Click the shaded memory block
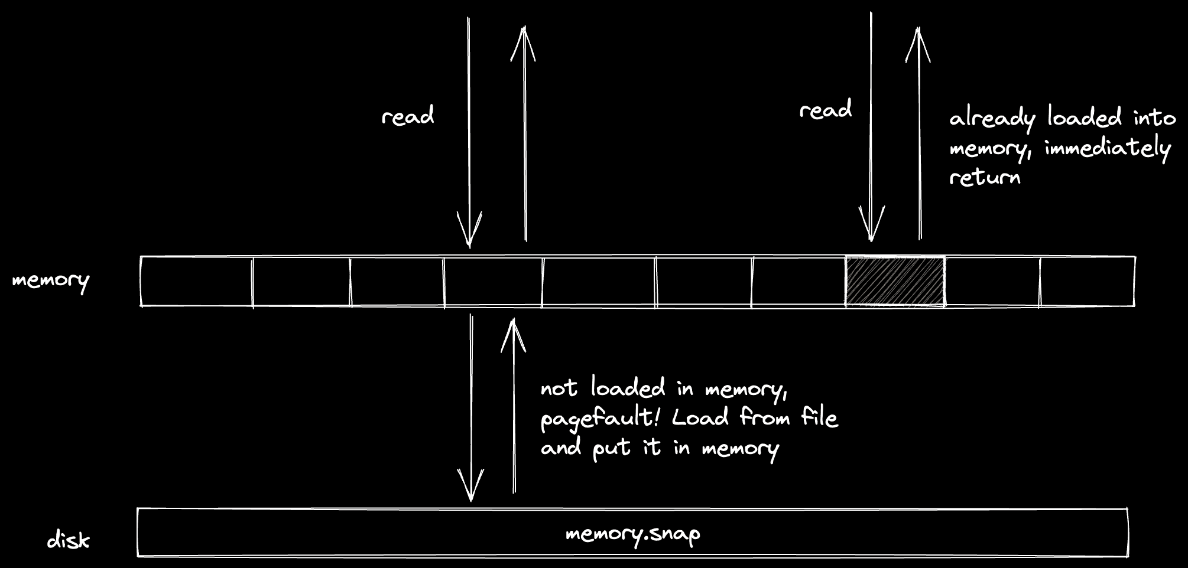click(895, 282)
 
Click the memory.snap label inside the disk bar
click(632, 534)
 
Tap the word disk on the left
click(68, 540)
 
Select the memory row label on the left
click(51, 280)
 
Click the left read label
click(408, 116)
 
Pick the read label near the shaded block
click(826, 110)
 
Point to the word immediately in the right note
click(1108, 148)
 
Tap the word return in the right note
click(985, 177)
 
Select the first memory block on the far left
click(197, 282)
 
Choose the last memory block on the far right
click(1087, 282)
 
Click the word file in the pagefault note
click(819, 417)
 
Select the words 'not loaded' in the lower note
click(602, 388)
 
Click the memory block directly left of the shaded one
click(799, 282)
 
